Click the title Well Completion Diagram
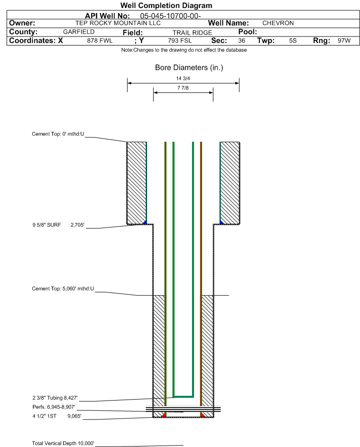tap(166, 6)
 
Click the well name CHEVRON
tap(278, 23)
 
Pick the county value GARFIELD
tap(79, 32)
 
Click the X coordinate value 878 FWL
tap(100, 41)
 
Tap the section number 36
tap(241, 41)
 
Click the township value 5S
tap(293, 41)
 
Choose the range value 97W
tap(344, 41)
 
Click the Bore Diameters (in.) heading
tap(189, 68)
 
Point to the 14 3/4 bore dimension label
tap(183, 79)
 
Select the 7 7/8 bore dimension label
tap(183, 88)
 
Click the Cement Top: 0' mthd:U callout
tap(58, 134)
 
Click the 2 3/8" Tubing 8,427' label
tap(55, 397)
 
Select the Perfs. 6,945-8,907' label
tap(54, 407)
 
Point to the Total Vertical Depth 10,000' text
tap(63, 443)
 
